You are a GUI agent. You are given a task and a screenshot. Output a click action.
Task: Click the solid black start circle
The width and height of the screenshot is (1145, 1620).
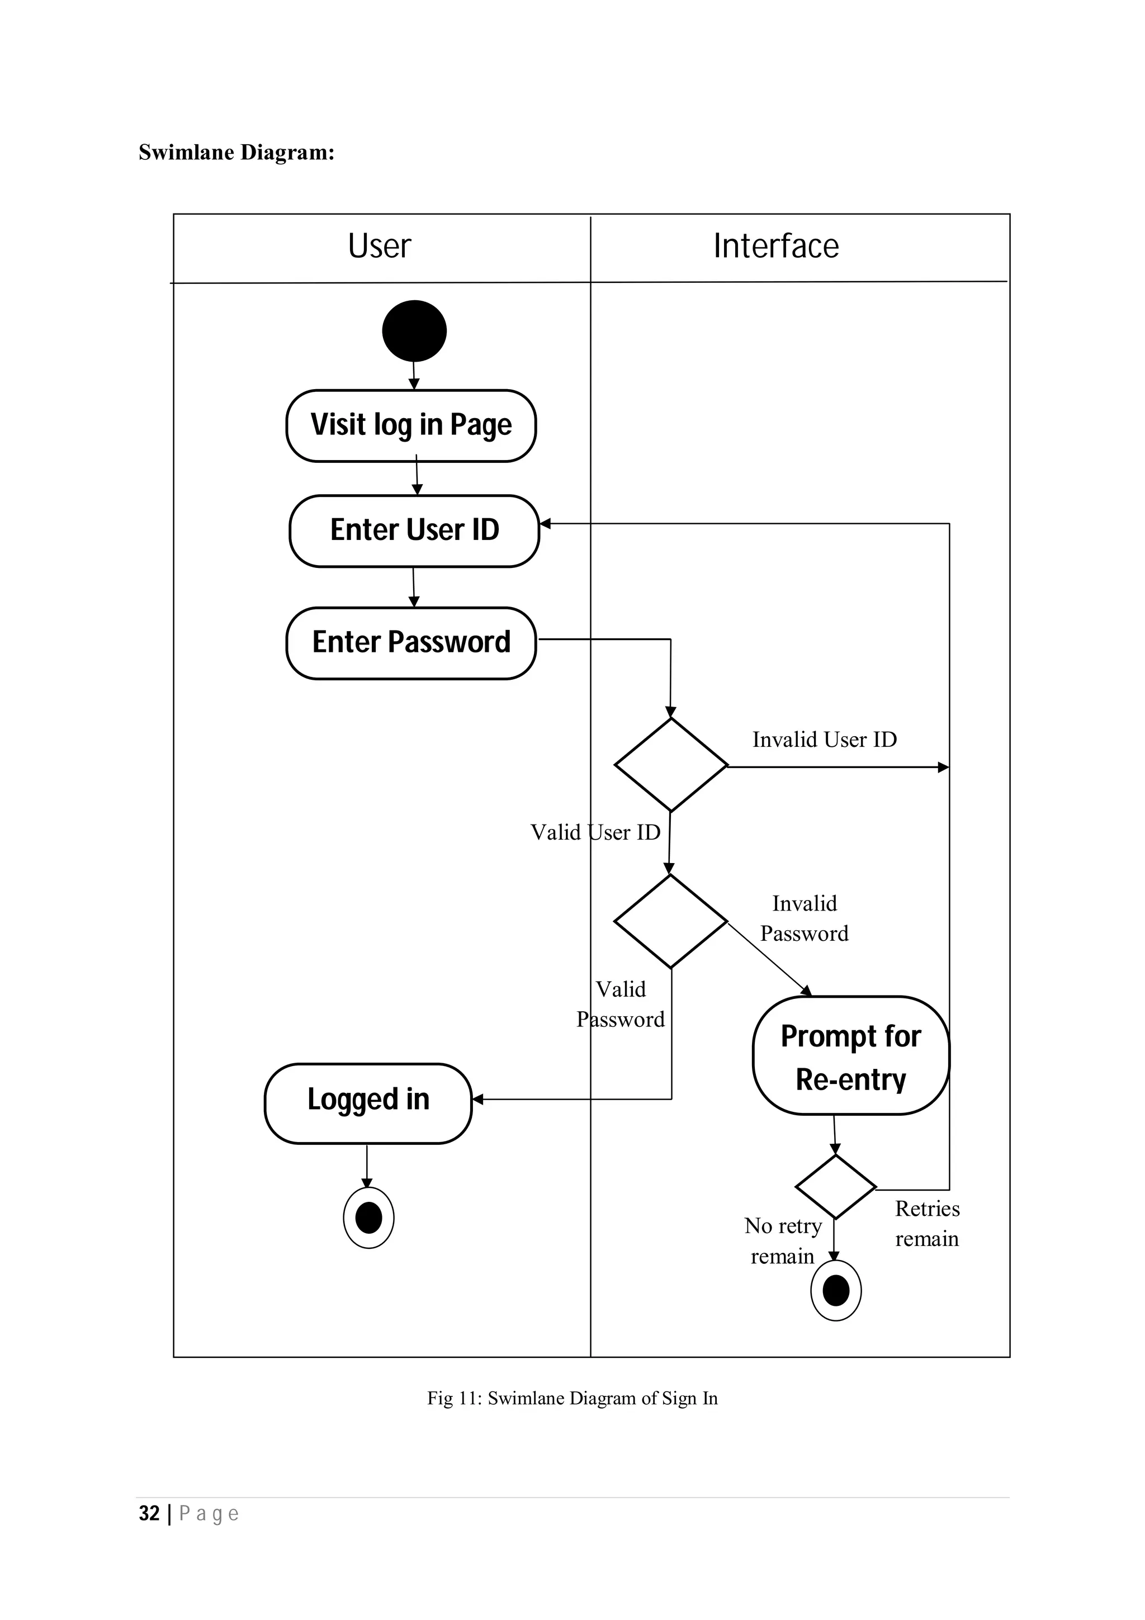click(414, 331)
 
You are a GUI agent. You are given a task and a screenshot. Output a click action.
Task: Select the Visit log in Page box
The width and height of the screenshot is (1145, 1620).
click(411, 425)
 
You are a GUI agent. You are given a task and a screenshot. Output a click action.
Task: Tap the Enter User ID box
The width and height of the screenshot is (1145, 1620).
click(414, 530)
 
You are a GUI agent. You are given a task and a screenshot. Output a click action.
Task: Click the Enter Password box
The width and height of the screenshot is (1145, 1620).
click(411, 643)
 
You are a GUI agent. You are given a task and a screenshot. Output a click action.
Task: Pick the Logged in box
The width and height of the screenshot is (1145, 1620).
click(367, 1099)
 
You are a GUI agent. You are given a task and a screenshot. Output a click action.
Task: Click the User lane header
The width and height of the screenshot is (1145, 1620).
click(380, 247)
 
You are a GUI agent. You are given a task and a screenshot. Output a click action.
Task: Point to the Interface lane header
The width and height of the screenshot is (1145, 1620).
click(776, 247)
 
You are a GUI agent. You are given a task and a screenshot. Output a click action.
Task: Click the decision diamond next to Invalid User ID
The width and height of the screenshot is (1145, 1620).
click(670, 765)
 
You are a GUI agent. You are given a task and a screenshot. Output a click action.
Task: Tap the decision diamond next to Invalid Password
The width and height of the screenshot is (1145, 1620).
click(670, 921)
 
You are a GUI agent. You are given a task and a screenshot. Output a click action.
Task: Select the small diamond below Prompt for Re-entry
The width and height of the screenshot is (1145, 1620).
click(835, 1187)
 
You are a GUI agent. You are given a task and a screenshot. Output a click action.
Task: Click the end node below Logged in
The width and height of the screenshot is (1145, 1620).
click(368, 1218)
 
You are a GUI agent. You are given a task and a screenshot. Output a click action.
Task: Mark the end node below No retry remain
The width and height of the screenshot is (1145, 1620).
click(836, 1291)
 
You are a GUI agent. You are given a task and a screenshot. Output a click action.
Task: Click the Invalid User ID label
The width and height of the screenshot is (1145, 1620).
click(824, 740)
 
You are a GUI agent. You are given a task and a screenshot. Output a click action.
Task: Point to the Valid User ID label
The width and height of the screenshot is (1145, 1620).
click(595, 832)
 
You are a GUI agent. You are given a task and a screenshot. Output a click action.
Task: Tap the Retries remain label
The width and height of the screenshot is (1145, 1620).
click(927, 1224)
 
